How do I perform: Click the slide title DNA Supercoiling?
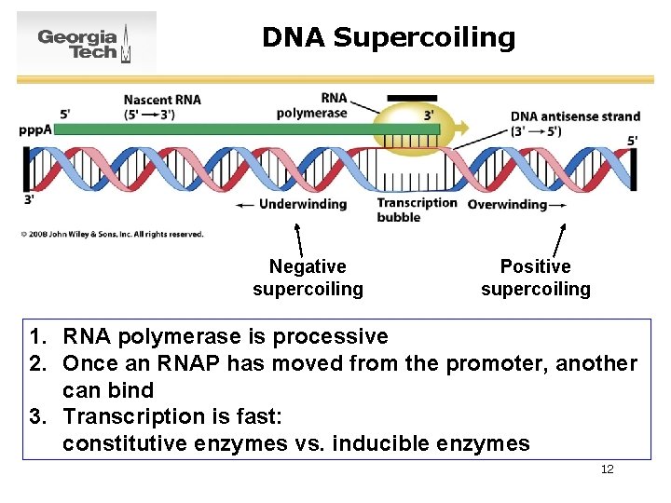click(x=388, y=37)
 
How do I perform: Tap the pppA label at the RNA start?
click(x=34, y=129)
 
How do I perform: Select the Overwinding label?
click(x=507, y=204)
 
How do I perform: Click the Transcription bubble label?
click(x=417, y=210)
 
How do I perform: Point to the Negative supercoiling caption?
click(x=308, y=279)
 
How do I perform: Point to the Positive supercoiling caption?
click(x=535, y=279)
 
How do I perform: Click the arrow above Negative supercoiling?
click(x=298, y=238)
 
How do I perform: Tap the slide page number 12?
click(x=607, y=469)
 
